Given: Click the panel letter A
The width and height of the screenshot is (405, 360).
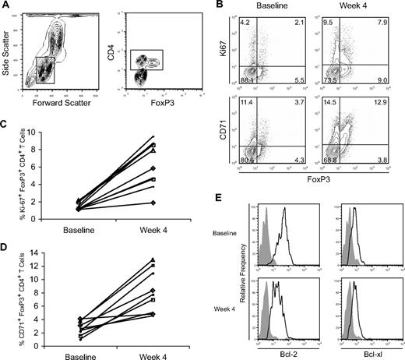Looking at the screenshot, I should pyautogui.click(x=5, y=6).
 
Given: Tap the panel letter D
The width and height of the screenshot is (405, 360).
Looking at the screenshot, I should pyautogui.click(x=5, y=244).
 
